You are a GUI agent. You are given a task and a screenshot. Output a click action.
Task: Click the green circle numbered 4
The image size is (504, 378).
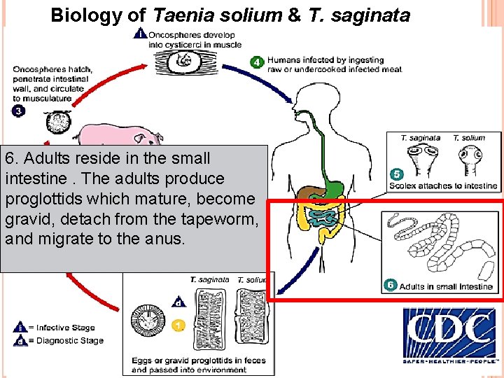257,63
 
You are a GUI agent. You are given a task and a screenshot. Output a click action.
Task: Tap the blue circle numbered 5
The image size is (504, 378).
396,174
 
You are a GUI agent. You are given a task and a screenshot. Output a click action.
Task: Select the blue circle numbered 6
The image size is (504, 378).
391,285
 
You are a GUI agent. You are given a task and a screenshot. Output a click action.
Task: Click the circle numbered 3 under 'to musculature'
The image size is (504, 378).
17,111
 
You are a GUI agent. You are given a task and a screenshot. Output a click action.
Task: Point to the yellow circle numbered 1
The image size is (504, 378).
179,325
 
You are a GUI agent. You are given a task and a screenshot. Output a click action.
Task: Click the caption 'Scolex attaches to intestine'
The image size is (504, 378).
442,186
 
